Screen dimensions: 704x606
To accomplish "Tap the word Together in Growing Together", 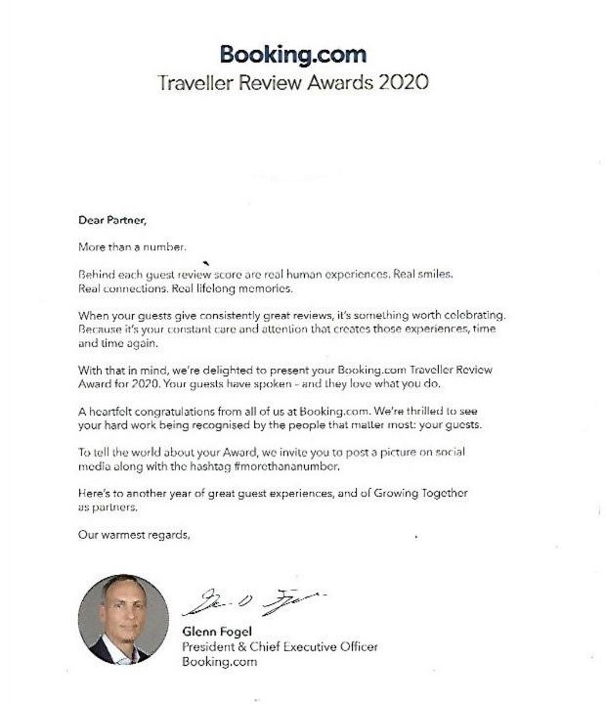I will click(468, 494).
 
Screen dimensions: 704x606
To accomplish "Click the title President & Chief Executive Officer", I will click(280, 647).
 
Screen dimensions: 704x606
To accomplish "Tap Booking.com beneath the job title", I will click(219, 662).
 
